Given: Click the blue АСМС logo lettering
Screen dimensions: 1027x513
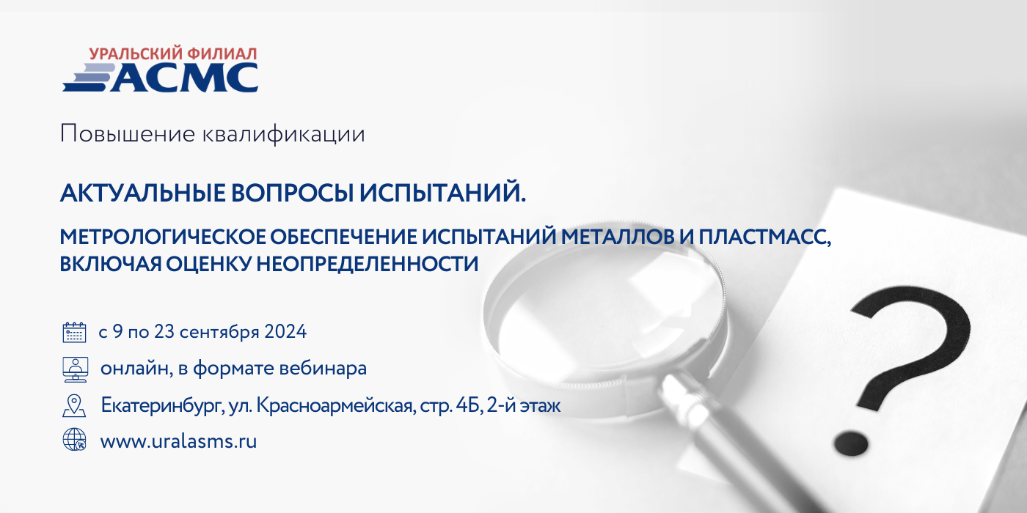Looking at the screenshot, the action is point(184,78).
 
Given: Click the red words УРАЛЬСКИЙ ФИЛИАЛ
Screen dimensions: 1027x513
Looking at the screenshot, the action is point(173,54).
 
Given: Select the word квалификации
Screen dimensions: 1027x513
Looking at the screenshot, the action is point(284,135).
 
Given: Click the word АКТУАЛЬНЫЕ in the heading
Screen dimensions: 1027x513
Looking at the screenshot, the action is point(143,193).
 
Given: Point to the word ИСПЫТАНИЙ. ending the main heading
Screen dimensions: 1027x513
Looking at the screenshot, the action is point(442,192).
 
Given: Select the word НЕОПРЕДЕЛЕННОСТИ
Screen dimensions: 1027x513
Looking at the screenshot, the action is point(368,265).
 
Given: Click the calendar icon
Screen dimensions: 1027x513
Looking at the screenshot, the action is point(74,332).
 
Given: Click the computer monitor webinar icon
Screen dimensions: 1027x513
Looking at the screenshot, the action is point(75,369).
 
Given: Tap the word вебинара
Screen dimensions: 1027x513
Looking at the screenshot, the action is point(323,368).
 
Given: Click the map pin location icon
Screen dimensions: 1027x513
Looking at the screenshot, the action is point(74,406).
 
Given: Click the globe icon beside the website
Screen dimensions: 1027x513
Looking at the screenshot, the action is point(74,439).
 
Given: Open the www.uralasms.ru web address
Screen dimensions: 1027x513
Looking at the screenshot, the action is point(178,441).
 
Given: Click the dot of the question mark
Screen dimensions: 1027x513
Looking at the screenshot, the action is point(851,443).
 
